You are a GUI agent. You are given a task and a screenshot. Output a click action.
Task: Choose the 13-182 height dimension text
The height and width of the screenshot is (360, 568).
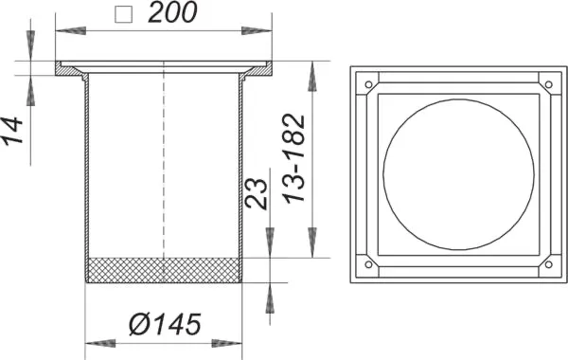(296, 159)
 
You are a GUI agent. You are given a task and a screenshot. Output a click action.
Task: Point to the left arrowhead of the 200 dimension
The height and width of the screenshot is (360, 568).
(64, 32)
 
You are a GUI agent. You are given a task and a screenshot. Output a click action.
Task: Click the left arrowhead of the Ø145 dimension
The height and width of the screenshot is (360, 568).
(95, 342)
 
